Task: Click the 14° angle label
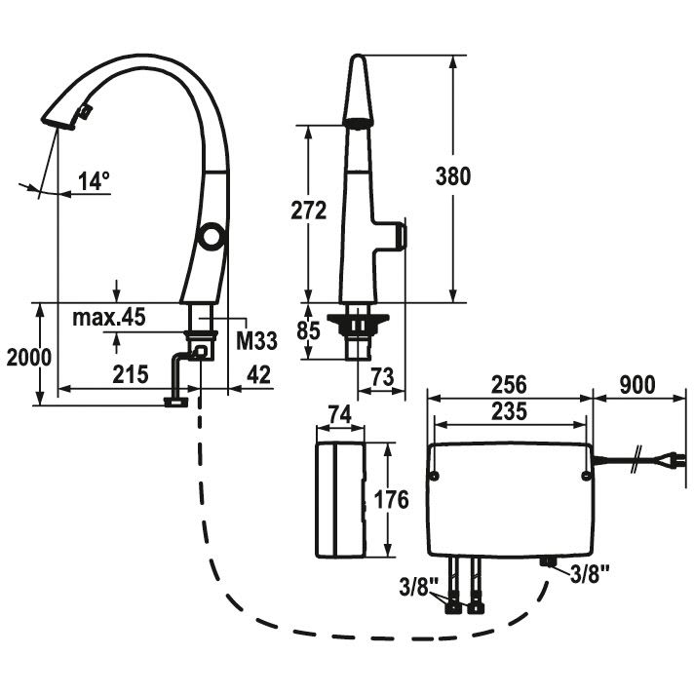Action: [x=94, y=180]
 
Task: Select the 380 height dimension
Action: [x=453, y=176]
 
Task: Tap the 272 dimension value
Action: [x=308, y=211]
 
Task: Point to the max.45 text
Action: [x=108, y=317]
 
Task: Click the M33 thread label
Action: [x=257, y=340]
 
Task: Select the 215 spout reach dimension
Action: [x=129, y=372]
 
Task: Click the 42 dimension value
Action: [x=257, y=372]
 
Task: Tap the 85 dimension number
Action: [x=308, y=331]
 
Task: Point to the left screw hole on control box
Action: [x=434, y=476]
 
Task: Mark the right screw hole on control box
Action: [x=584, y=476]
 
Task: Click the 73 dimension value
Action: [x=382, y=375]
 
